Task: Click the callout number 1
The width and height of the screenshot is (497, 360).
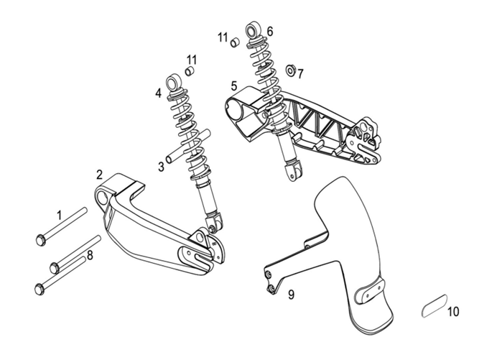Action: [60, 214]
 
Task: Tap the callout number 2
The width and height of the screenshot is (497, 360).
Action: [100, 174]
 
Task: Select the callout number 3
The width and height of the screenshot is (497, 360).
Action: [162, 166]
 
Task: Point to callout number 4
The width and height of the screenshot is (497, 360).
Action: [158, 93]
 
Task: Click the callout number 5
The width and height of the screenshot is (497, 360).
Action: [234, 86]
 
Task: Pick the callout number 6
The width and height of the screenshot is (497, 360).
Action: [270, 32]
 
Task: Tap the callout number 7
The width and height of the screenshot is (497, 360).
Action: [300, 73]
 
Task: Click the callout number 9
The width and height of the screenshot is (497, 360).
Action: [291, 295]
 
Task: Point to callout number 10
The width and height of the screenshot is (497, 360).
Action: [452, 312]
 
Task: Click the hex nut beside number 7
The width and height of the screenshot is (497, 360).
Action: [291, 70]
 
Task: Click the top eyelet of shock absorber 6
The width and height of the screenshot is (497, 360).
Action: [255, 30]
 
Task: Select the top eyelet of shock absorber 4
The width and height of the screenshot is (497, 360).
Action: [175, 84]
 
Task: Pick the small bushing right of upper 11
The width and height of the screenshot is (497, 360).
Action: [235, 41]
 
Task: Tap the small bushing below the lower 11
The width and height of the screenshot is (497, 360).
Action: [190, 71]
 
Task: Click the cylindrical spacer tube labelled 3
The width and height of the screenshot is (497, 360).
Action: [187, 145]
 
